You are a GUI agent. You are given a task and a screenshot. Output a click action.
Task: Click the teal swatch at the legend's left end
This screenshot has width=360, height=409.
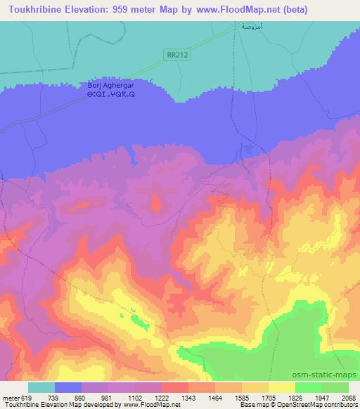tap(41, 387)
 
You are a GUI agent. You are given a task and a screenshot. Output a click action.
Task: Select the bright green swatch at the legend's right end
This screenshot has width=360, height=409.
tap(335, 387)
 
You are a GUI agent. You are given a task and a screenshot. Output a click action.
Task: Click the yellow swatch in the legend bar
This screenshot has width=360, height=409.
tap(282, 387)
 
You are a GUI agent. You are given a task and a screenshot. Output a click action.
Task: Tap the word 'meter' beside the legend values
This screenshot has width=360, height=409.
tap(11, 398)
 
